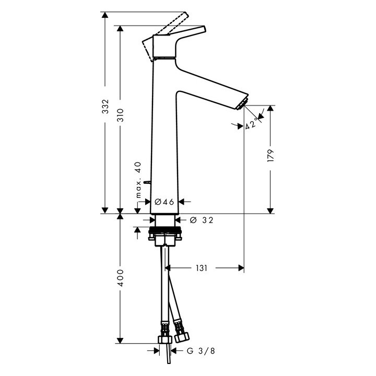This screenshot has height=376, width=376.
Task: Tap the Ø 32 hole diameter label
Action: pyautogui.click(x=202, y=221)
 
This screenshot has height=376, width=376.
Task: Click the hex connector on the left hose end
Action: pyautogui.click(x=166, y=340)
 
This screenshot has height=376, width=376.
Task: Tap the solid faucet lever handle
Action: pyautogui.click(x=180, y=35)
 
